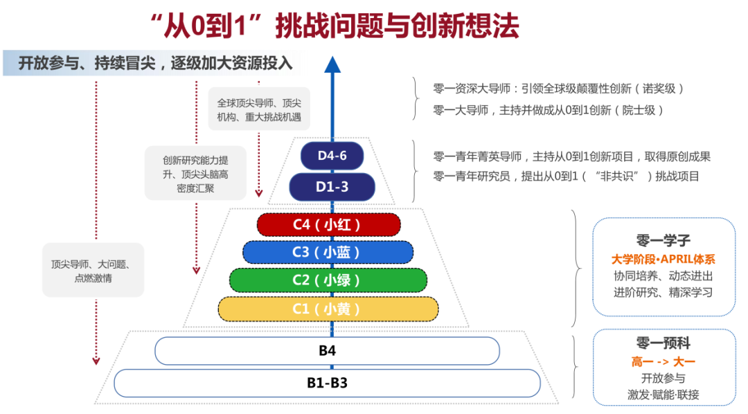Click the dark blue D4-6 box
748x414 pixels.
point(332,156)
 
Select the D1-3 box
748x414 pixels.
point(332,187)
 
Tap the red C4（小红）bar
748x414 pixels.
point(328,225)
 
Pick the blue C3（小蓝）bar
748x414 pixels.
point(328,252)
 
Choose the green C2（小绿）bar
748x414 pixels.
point(328,280)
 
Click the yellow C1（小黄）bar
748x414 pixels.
point(328,309)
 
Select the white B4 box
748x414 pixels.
point(327,351)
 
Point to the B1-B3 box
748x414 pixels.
point(327,383)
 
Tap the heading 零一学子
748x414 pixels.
point(664,241)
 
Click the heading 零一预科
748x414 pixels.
point(664,343)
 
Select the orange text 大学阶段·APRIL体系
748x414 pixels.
point(664,260)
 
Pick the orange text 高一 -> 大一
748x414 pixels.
point(664,361)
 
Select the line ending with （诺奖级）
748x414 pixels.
point(558,89)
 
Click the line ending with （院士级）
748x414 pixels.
point(549,109)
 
